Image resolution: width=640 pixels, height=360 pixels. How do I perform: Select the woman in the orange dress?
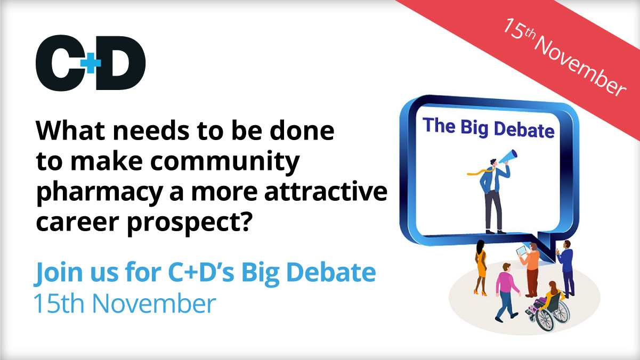click(x=481, y=266)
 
